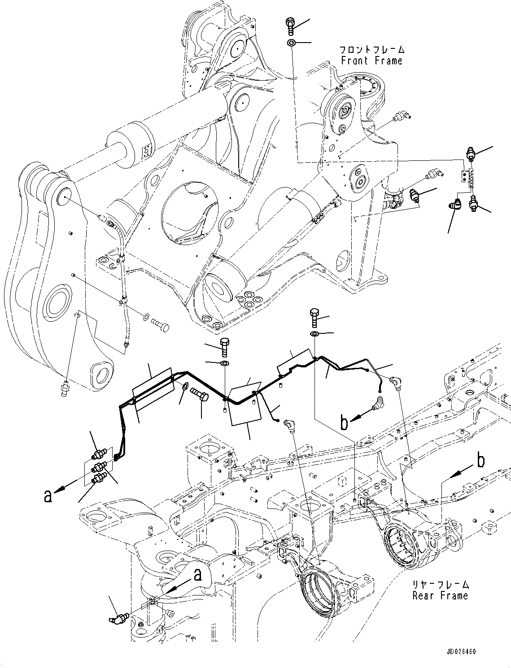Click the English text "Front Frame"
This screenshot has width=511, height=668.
click(x=371, y=60)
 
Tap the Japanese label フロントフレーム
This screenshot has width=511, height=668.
click(x=371, y=50)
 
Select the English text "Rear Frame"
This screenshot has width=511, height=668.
click(x=440, y=595)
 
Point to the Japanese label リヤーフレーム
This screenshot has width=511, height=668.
click(x=440, y=585)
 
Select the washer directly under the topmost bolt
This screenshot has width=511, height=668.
click(x=291, y=43)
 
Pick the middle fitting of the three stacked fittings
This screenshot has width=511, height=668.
click(x=97, y=468)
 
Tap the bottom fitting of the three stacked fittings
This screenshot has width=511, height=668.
click(x=98, y=479)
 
